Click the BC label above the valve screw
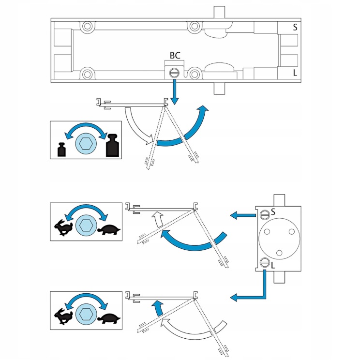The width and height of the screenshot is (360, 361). click(175, 56)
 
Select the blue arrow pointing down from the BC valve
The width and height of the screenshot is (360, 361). click(175, 93)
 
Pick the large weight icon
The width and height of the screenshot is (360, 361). click(113, 145)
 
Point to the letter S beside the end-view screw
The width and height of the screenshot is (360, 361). click(273, 211)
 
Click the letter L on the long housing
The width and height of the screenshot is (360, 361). click(295, 73)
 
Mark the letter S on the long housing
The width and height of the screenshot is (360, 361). click(295, 27)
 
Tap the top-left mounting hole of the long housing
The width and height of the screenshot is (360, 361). click(88, 26)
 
